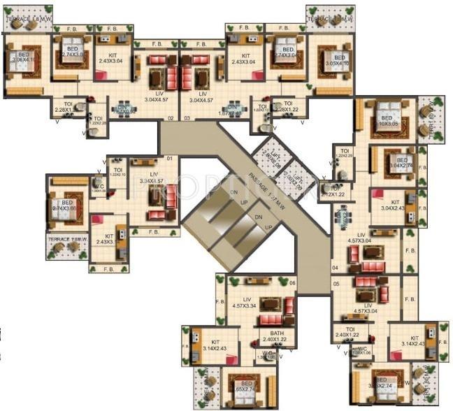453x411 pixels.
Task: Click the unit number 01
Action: pos(169,159)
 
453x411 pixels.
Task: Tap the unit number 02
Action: pos(169,118)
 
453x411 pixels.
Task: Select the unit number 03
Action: pos(187,118)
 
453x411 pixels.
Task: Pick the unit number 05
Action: pos(336,283)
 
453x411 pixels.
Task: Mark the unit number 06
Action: pos(292,282)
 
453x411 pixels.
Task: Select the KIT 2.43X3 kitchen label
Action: pos(105,239)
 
